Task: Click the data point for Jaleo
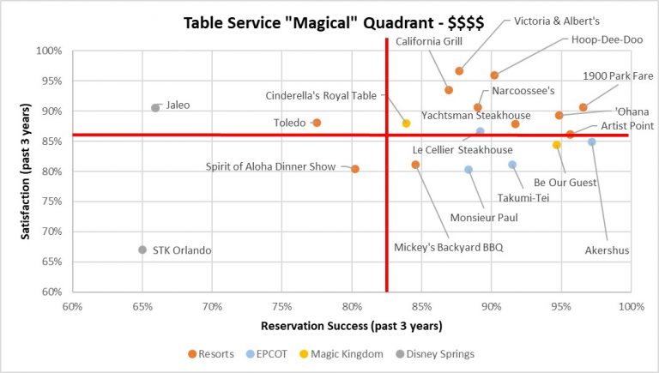[x=155, y=108]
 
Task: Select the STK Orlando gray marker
[x=142, y=250]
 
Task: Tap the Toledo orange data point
[x=317, y=123]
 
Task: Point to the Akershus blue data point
[x=591, y=141]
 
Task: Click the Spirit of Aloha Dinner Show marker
[x=355, y=169]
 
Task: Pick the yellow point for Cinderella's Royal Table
[x=406, y=123]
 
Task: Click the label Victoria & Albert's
[x=557, y=21]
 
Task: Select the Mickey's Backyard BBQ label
[x=448, y=248]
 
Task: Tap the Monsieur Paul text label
[x=484, y=218]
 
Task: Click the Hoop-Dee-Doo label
[x=602, y=39]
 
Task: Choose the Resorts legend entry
[x=211, y=353]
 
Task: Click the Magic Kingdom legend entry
[x=346, y=353]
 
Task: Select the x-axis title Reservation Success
[x=352, y=326]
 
